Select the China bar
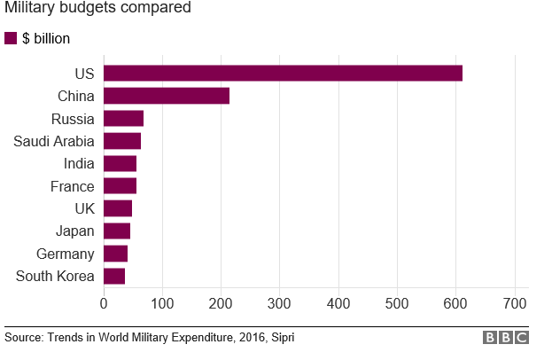point(167,96)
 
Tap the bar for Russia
point(123,118)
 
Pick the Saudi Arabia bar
point(122,141)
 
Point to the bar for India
point(120,163)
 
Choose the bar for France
point(120,186)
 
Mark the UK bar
point(118,208)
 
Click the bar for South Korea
point(114,276)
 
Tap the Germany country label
point(65,254)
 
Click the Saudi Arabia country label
point(53,141)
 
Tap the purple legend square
point(11,38)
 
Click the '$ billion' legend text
point(46,39)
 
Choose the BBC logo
point(506,338)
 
